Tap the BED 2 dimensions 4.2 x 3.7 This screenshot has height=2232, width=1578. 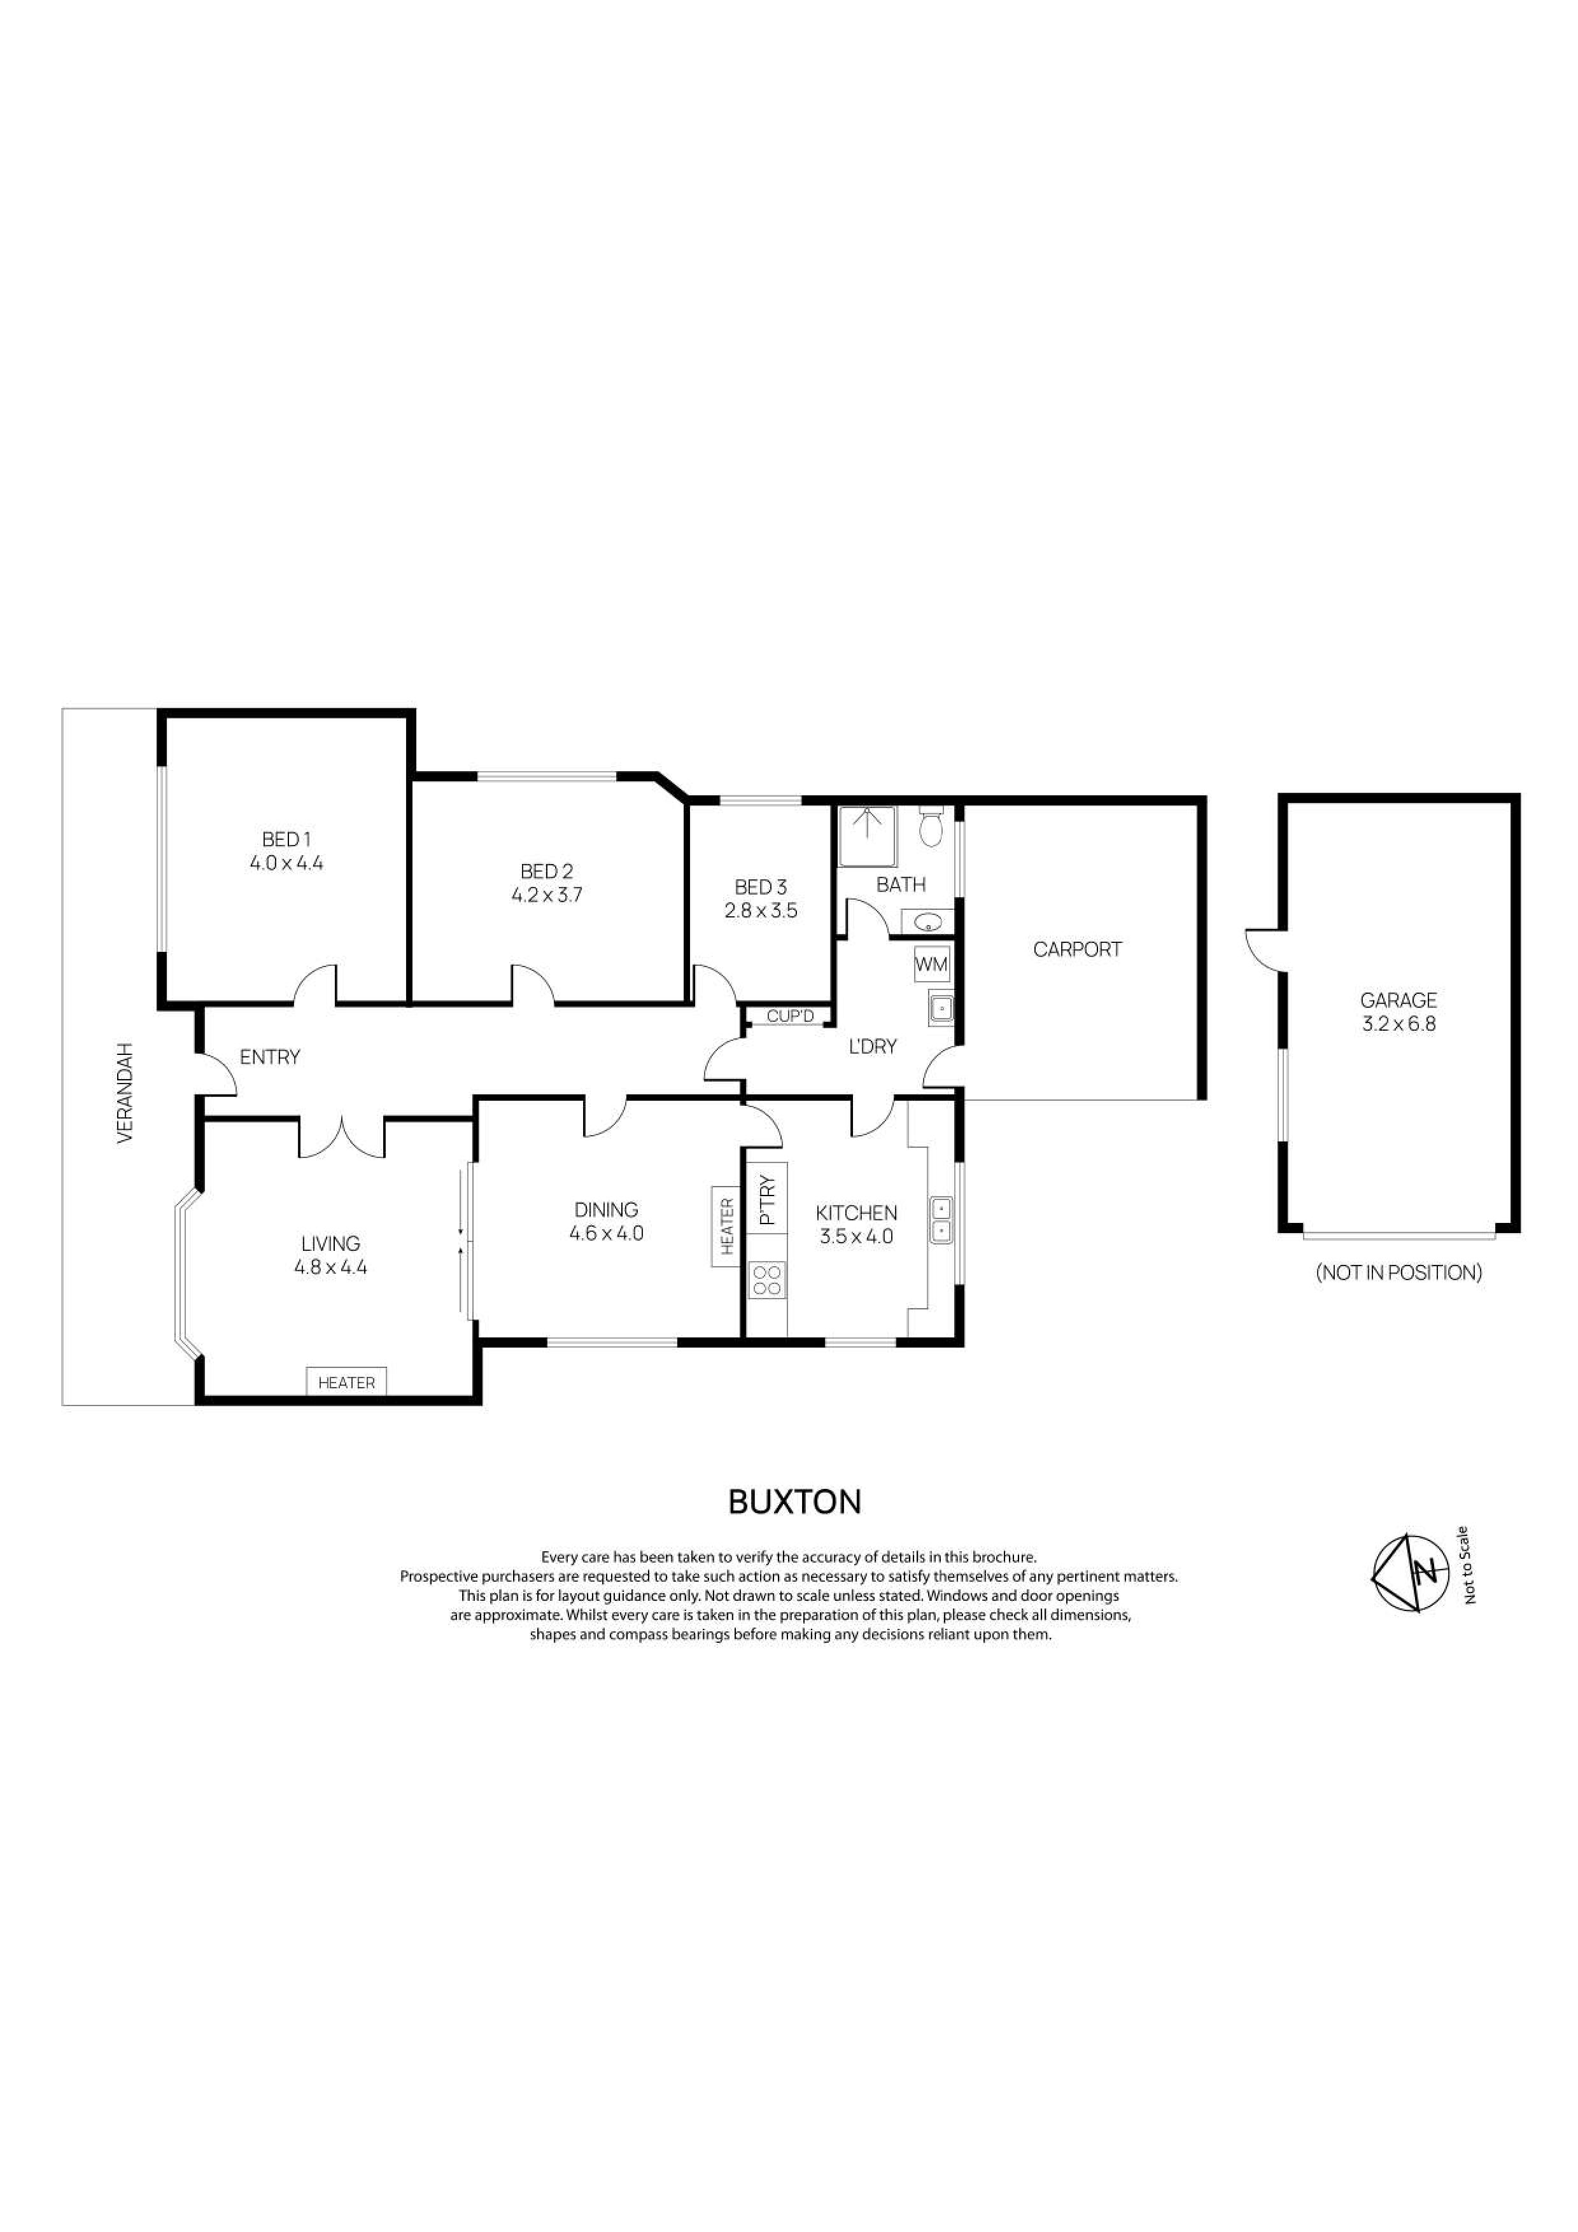546,895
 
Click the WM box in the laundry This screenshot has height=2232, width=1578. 931,965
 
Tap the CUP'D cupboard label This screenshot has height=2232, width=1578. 789,1016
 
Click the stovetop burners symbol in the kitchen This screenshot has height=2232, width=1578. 767,1280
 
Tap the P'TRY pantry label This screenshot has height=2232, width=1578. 767,1201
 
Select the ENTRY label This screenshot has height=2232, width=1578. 269,1057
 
